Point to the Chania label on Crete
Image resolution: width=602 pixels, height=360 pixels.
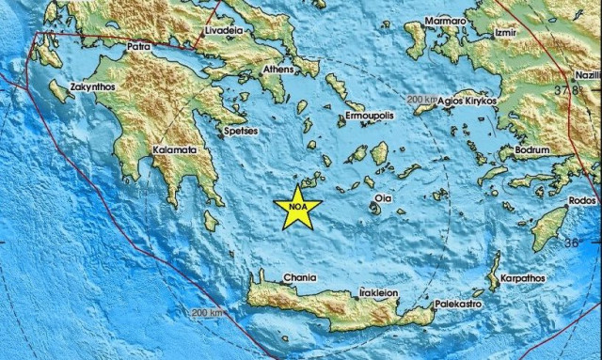[x=301, y=278]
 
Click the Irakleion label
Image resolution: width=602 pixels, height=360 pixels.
[x=379, y=292]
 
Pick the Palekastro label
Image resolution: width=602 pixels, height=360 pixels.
[x=458, y=305]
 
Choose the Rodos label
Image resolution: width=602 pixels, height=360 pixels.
[x=583, y=202]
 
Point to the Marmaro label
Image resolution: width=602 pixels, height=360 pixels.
[x=445, y=20]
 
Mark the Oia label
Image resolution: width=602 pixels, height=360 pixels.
[x=383, y=198]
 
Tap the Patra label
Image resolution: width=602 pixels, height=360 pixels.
[x=138, y=44]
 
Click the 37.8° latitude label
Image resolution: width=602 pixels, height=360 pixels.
[x=567, y=90]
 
